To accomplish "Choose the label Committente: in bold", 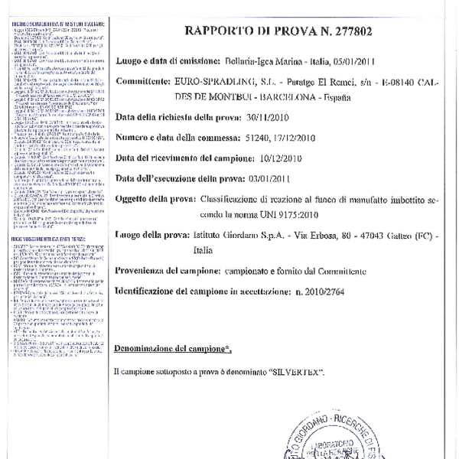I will tap(142, 80).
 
